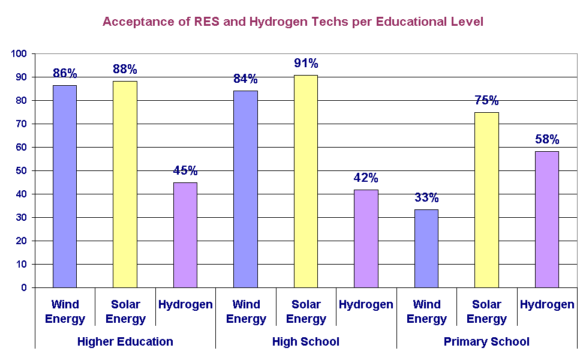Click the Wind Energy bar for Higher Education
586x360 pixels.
tap(65, 186)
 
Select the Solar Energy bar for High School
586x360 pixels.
tap(306, 181)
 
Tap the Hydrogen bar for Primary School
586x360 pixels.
tap(546, 220)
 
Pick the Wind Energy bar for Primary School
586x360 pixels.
tap(426, 248)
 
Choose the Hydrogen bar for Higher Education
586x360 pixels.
tap(185, 235)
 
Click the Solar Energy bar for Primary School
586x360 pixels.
tap(486, 200)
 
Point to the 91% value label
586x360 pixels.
tap(306, 63)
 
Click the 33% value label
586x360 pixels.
tap(426, 197)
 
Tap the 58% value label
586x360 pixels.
tap(547, 140)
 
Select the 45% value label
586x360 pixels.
tap(185, 170)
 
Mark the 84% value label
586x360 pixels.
tap(245, 79)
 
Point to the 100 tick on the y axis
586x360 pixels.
tap(19, 54)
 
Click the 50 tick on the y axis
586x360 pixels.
tap(22, 171)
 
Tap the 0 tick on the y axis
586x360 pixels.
tap(24, 288)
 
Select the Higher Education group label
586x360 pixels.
tap(125, 342)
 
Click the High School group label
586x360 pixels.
tap(306, 342)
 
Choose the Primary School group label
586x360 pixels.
tap(486, 342)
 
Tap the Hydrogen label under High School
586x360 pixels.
tap(366, 305)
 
